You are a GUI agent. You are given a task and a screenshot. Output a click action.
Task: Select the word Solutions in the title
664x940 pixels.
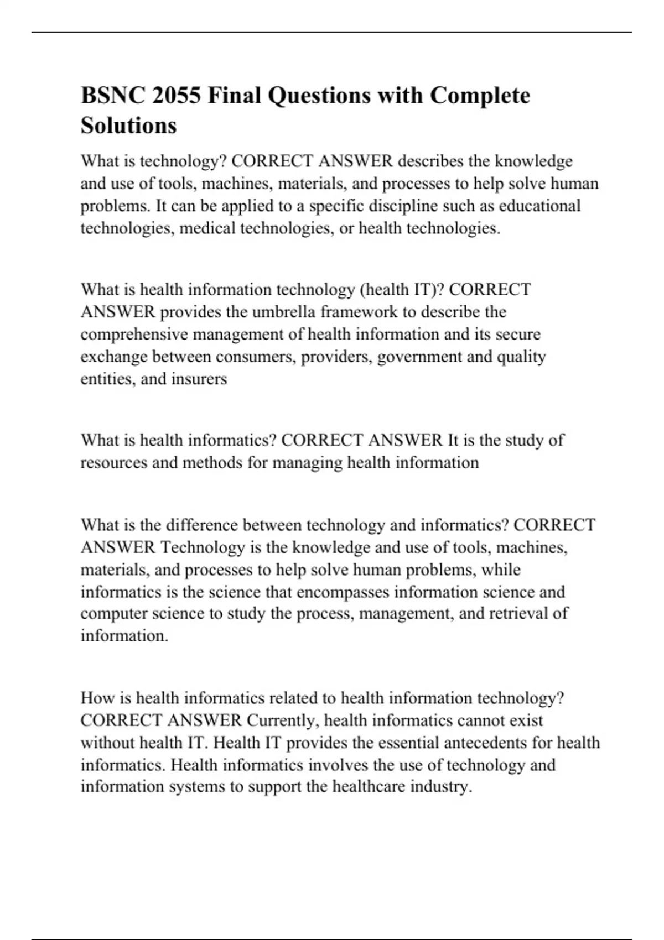pos(128,126)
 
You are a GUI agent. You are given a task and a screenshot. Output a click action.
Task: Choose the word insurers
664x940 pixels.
pos(199,379)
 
